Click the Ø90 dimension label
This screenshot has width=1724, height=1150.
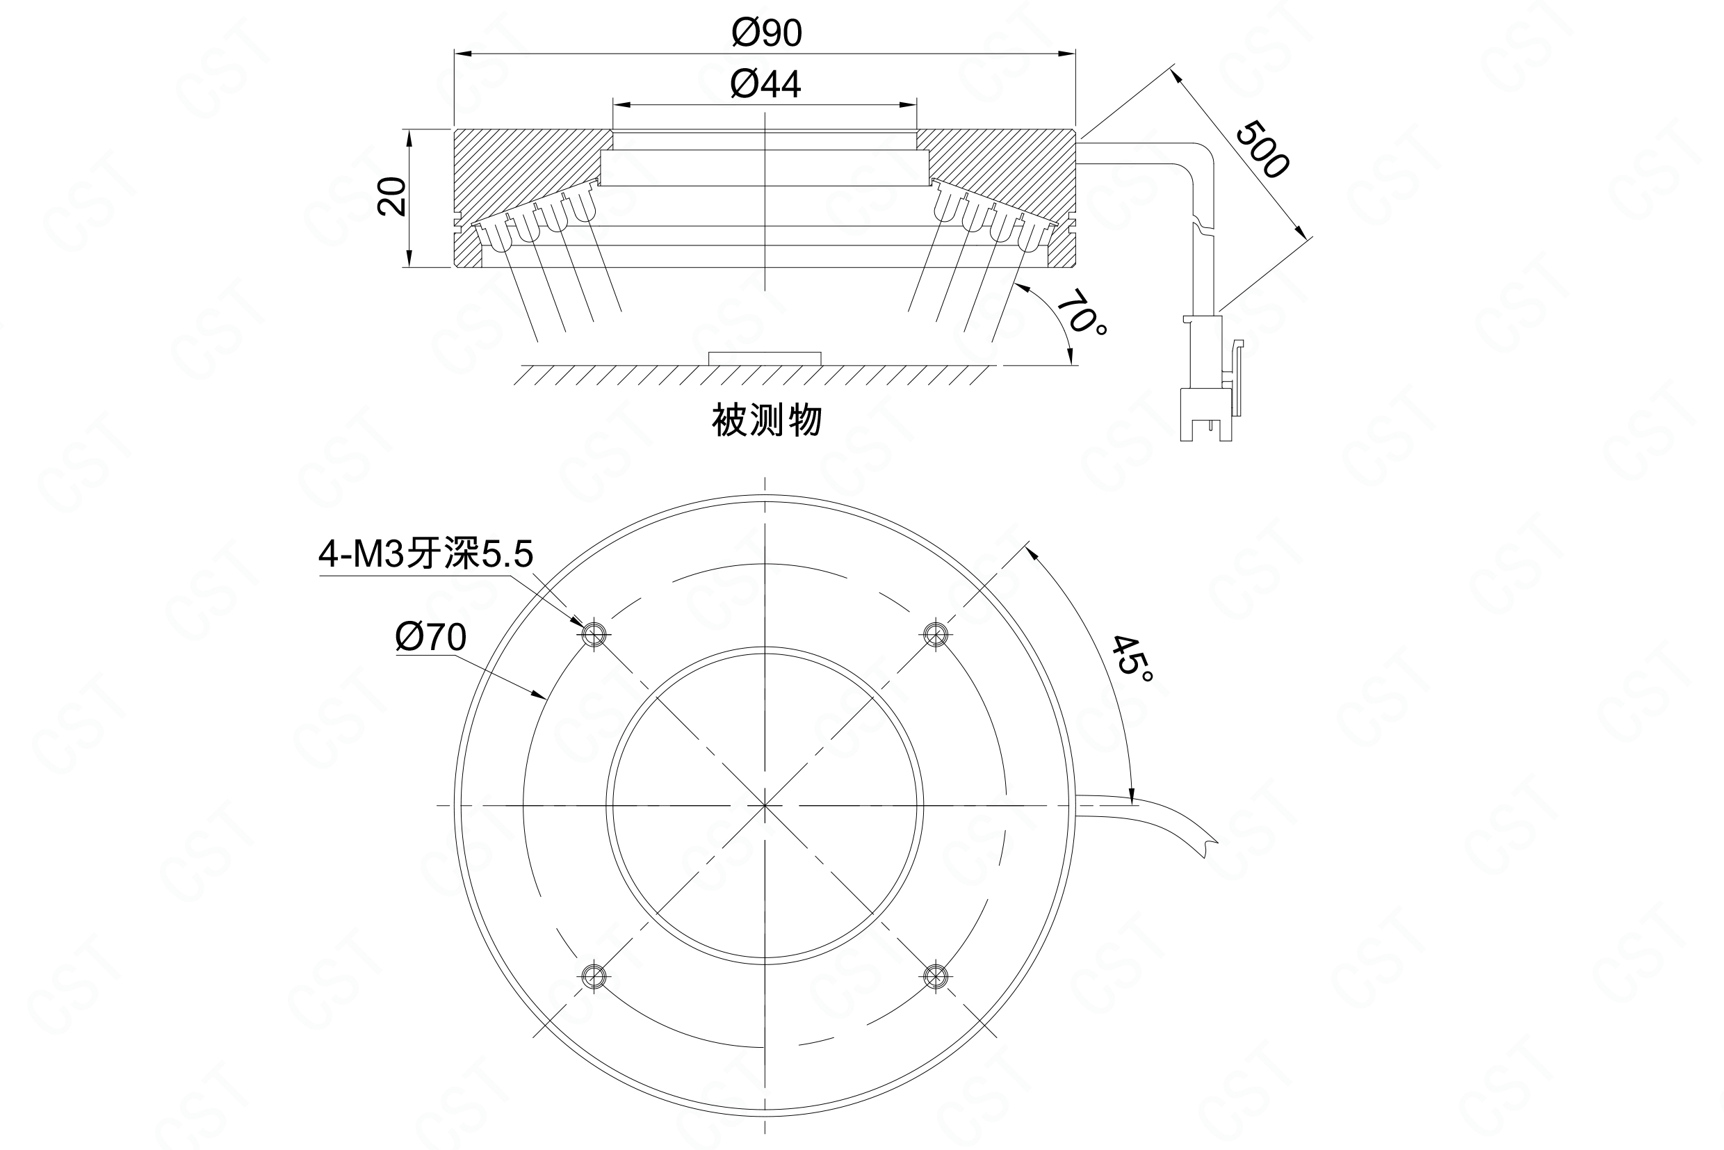pos(766,33)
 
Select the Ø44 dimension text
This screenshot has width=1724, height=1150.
pos(765,84)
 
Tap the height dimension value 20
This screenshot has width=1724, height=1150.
pos(392,196)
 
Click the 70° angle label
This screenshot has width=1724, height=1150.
pos(1082,311)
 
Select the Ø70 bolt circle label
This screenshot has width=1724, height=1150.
pos(430,637)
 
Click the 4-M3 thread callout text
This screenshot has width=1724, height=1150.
pos(425,553)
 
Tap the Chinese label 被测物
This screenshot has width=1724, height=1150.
pos(766,420)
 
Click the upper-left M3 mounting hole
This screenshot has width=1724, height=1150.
pos(594,633)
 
